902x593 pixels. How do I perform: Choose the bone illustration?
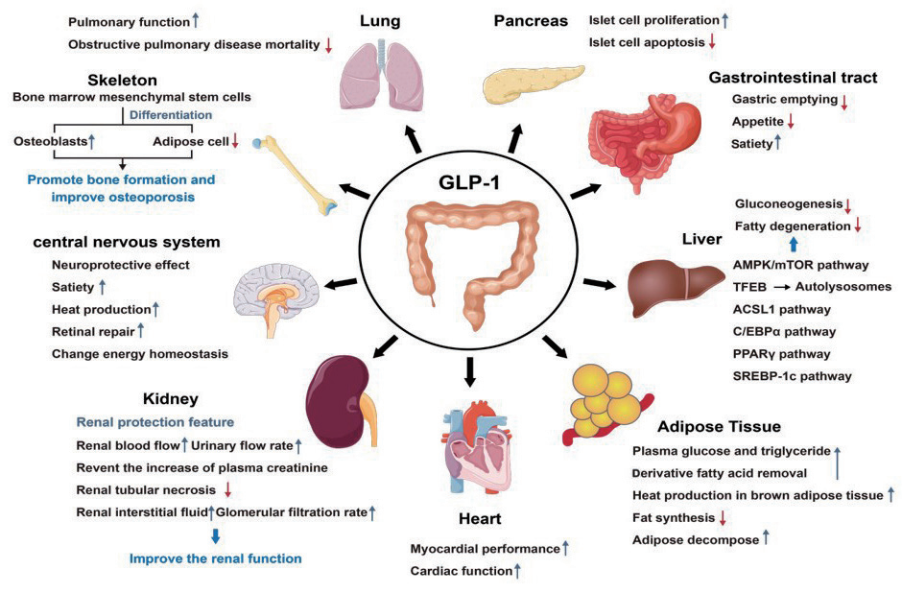294,174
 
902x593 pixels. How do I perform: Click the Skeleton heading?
120,80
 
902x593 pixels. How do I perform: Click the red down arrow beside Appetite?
792,122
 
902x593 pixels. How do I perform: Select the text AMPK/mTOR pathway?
801,265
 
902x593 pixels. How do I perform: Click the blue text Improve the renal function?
215,558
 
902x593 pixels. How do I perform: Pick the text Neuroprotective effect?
121,264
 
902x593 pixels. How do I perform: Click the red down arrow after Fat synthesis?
723,518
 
